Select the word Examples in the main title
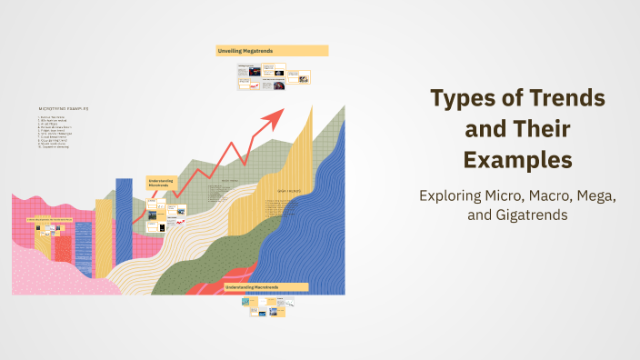517,160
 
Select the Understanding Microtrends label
160,183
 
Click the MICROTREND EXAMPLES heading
65,108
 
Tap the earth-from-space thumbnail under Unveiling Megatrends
278,73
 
